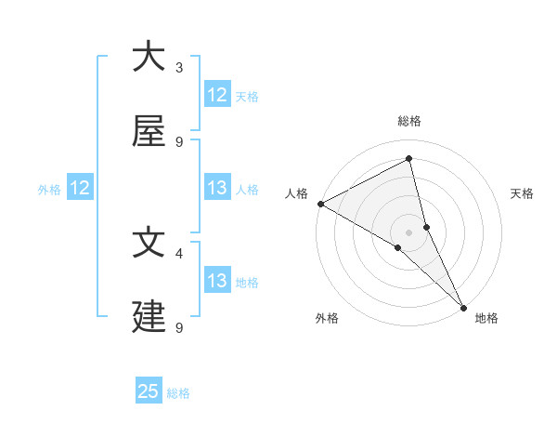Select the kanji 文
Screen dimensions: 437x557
[149, 242]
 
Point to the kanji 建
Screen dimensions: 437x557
[149, 317]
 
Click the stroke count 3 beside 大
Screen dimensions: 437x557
[179, 67]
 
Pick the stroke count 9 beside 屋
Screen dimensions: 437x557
[179, 142]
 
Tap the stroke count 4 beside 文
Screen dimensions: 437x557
[179, 252]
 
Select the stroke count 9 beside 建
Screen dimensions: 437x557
[179, 327]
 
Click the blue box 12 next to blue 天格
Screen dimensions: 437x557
[217, 95]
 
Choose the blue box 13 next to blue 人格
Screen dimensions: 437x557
[217, 188]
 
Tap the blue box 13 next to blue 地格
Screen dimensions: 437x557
[217, 281]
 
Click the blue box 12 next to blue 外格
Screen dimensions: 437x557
[80, 188]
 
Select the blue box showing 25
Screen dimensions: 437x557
[149, 391]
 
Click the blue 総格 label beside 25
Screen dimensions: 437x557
[178, 393]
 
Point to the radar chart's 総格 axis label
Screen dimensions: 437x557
[409, 121]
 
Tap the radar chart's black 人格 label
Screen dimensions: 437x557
[296, 193]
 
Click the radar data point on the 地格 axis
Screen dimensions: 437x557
[463, 306]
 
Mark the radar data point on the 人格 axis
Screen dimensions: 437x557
[320, 203]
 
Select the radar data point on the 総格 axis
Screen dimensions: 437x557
[409, 159]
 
